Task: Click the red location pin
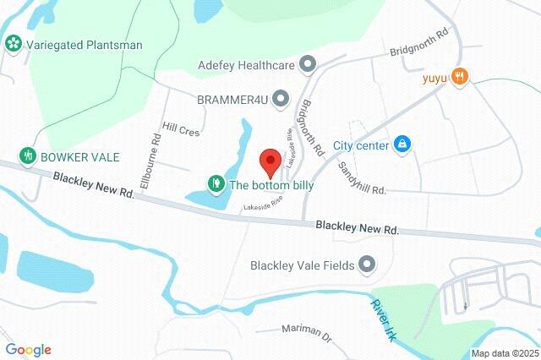tap(270, 160)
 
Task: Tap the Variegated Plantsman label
tap(84, 44)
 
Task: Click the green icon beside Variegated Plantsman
tap(13, 44)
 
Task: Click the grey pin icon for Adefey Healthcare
tap(308, 63)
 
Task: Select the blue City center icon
tap(402, 145)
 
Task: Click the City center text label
tap(360, 145)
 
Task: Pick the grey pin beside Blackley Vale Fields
tap(367, 265)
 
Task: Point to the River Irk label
tap(383, 318)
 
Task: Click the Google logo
tap(29, 350)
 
